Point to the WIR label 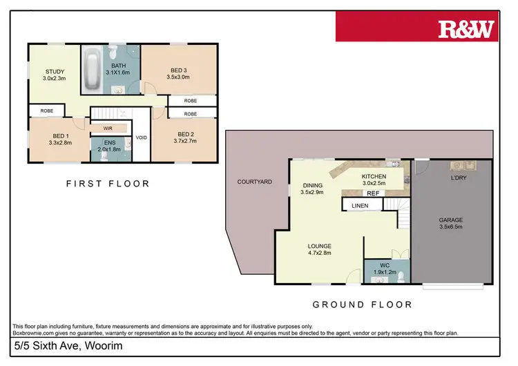108,128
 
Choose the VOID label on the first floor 141,137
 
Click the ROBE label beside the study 46,110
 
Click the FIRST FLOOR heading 108,184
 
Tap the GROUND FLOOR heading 363,305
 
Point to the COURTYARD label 255,182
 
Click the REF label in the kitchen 372,193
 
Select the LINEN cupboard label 360,206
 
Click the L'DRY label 458,178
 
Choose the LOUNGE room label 320,246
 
